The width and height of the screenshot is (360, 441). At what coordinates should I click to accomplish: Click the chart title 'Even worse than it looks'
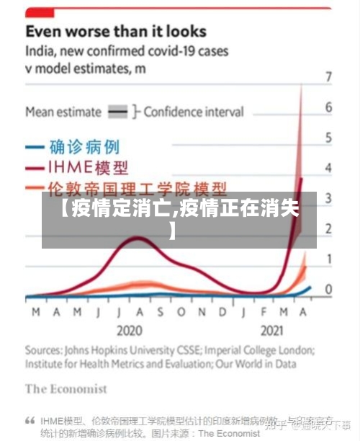[116, 32]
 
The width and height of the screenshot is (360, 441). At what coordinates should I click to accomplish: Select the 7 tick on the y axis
[328, 76]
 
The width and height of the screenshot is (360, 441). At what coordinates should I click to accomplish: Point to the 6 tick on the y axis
[328, 107]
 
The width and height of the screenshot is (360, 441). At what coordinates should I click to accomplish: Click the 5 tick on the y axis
[328, 138]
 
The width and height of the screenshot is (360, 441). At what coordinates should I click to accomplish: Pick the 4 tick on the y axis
[328, 168]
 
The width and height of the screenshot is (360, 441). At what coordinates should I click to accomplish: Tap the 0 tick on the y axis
[328, 290]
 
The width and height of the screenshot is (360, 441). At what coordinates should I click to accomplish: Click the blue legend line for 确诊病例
[36, 147]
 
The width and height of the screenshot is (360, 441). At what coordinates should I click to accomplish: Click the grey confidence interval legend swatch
[117, 112]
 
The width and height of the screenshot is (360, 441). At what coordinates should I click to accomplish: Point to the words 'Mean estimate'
[63, 112]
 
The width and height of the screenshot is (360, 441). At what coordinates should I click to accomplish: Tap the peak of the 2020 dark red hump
[137, 239]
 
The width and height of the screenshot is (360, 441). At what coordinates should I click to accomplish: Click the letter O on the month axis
[181, 312]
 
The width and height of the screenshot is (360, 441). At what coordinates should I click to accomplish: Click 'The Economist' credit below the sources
[66, 389]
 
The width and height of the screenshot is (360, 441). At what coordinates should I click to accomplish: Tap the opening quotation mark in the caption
[30, 420]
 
